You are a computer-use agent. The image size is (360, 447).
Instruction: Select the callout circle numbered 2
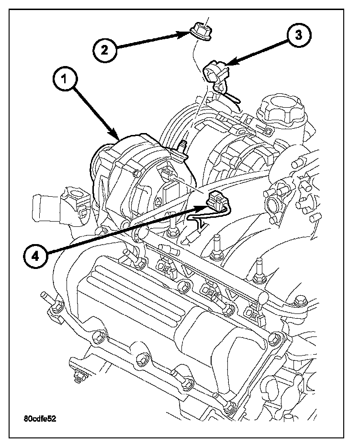(x=105, y=50)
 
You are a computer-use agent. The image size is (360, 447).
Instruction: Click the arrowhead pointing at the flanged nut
(x=188, y=34)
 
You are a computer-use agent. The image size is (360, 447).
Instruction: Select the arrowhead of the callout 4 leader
(x=204, y=206)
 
